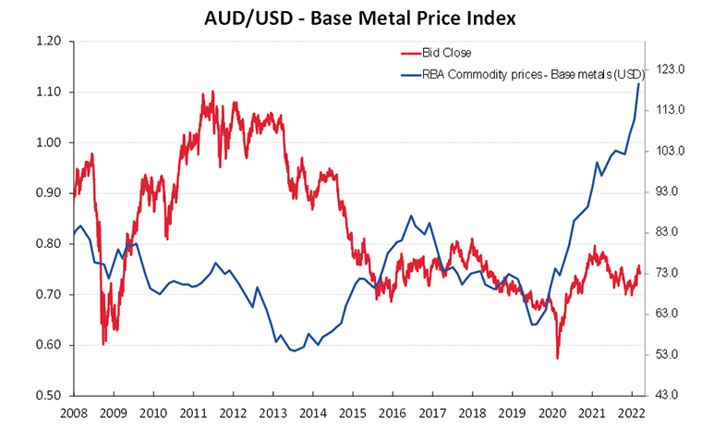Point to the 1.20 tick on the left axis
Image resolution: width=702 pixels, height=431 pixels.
click(x=48, y=42)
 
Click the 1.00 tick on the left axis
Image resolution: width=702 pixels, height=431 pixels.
click(x=48, y=142)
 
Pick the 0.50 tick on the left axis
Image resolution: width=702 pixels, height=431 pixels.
click(x=48, y=396)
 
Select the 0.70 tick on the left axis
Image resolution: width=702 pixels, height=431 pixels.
click(x=48, y=294)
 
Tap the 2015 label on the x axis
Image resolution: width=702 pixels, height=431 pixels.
click(x=351, y=413)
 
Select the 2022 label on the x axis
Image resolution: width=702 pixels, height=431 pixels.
click(x=630, y=413)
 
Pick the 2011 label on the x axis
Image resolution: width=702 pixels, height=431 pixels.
click(x=192, y=413)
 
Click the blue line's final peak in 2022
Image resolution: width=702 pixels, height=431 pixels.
click(x=639, y=84)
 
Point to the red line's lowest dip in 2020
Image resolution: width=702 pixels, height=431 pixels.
click(x=557, y=358)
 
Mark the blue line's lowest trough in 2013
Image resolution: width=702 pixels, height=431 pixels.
click(x=294, y=351)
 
